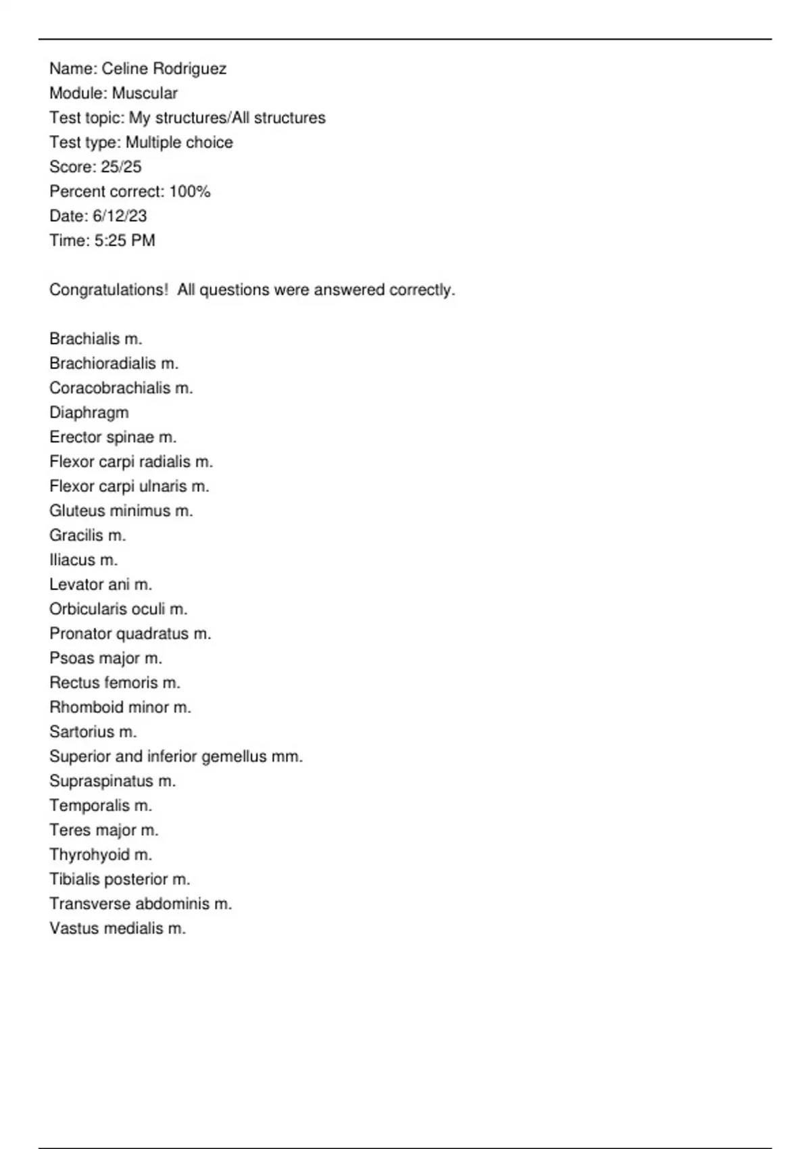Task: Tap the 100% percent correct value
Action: pyautogui.click(x=190, y=192)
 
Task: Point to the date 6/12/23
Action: pyautogui.click(x=120, y=216)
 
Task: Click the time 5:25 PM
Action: pyautogui.click(x=124, y=241)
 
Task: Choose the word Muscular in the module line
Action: pyautogui.click(x=145, y=93)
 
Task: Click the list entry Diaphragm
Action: pyautogui.click(x=89, y=413)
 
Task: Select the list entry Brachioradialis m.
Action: pyautogui.click(x=114, y=364)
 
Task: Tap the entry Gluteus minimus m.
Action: pyautogui.click(x=121, y=511)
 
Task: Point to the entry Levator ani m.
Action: pyautogui.click(x=101, y=585)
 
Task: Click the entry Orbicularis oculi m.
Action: pyautogui.click(x=118, y=609)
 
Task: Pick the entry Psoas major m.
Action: pyautogui.click(x=105, y=658)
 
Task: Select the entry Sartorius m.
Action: pyautogui.click(x=93, y=732)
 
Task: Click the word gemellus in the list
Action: pyautogui.click(x=234, y=757)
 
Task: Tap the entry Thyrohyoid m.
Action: pyautogui.click(x=101, y=855)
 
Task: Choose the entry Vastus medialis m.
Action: pyautogui.click(x=117, y=929)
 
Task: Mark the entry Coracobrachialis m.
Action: pyautogui.click(x=121, y=389)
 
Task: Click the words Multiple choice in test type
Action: pyautogui.click(x=179, y=143)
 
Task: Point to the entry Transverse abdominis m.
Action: pyautogui.click(x=141, y=904)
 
